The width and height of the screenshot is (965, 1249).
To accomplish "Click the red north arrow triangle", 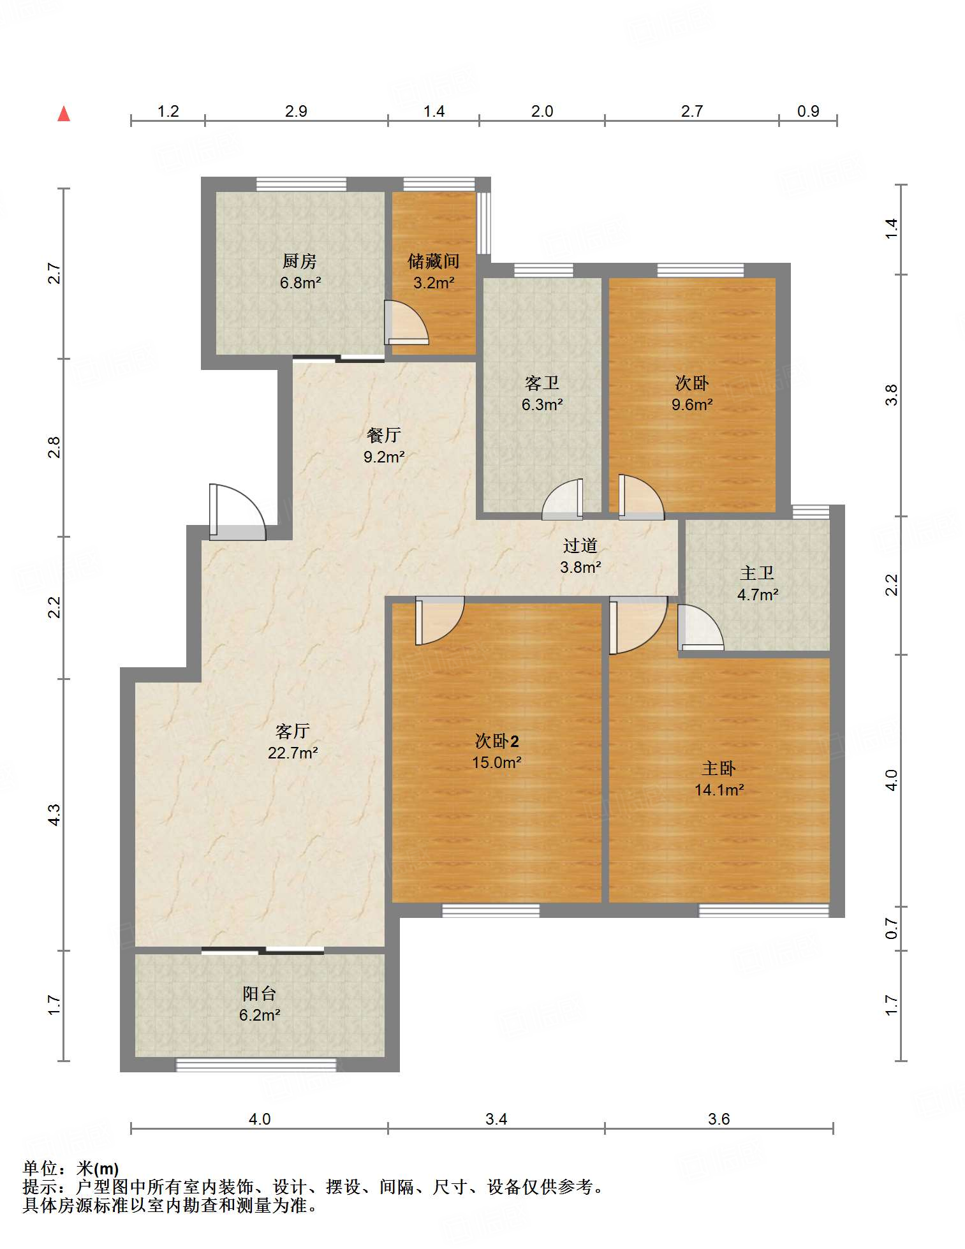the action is (64, 114).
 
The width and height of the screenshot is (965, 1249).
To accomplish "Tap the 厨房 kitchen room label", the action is (300, 261).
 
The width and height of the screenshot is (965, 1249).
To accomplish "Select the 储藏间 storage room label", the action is (434, 261).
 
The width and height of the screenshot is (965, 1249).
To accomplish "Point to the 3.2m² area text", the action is (434, 283).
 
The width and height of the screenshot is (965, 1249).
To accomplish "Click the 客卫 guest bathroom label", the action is (542, 383).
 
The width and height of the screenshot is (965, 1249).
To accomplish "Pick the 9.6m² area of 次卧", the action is (692, 404).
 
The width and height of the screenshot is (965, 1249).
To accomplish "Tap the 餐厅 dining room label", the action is (384, 435).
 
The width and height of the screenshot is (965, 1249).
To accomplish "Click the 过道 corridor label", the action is (580, 545).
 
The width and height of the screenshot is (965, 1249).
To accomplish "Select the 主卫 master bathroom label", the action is (757, 573).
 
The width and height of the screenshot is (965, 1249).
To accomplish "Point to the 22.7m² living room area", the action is (293, 753).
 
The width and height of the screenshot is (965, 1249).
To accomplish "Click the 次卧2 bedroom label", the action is (497, 741).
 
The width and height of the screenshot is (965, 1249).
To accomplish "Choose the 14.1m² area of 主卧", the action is (719, 790).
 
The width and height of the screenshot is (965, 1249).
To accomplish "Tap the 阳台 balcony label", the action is (260, 993).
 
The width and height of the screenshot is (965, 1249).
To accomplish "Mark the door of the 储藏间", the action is (406, 323).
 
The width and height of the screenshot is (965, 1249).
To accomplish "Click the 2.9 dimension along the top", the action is (296, 112).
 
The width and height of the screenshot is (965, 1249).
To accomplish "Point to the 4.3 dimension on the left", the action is (55, 815).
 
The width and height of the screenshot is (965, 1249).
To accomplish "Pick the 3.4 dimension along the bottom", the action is (496, 1119).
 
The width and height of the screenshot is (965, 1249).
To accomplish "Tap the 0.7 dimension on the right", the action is (892, 928).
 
